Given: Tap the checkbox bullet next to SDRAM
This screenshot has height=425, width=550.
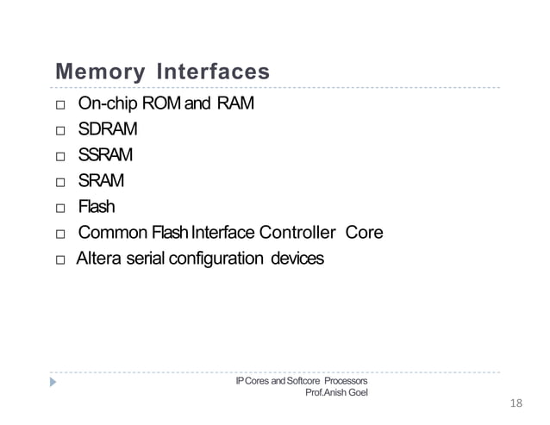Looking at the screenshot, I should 59,132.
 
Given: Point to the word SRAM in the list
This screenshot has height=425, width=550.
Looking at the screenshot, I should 101,181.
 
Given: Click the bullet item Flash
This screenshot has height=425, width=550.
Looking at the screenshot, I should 96,207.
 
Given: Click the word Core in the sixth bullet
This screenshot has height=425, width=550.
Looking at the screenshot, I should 364,233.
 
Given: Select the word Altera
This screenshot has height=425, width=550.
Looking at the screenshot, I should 100,258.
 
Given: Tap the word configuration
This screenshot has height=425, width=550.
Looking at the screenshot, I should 217,258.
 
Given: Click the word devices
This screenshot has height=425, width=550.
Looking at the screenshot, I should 297,258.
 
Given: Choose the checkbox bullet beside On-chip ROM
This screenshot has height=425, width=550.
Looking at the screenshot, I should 59,107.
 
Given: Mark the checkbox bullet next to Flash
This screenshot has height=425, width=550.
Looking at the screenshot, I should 59,209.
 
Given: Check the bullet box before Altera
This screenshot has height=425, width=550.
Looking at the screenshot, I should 59,259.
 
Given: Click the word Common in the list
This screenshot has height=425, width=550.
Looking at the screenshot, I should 110,233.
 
